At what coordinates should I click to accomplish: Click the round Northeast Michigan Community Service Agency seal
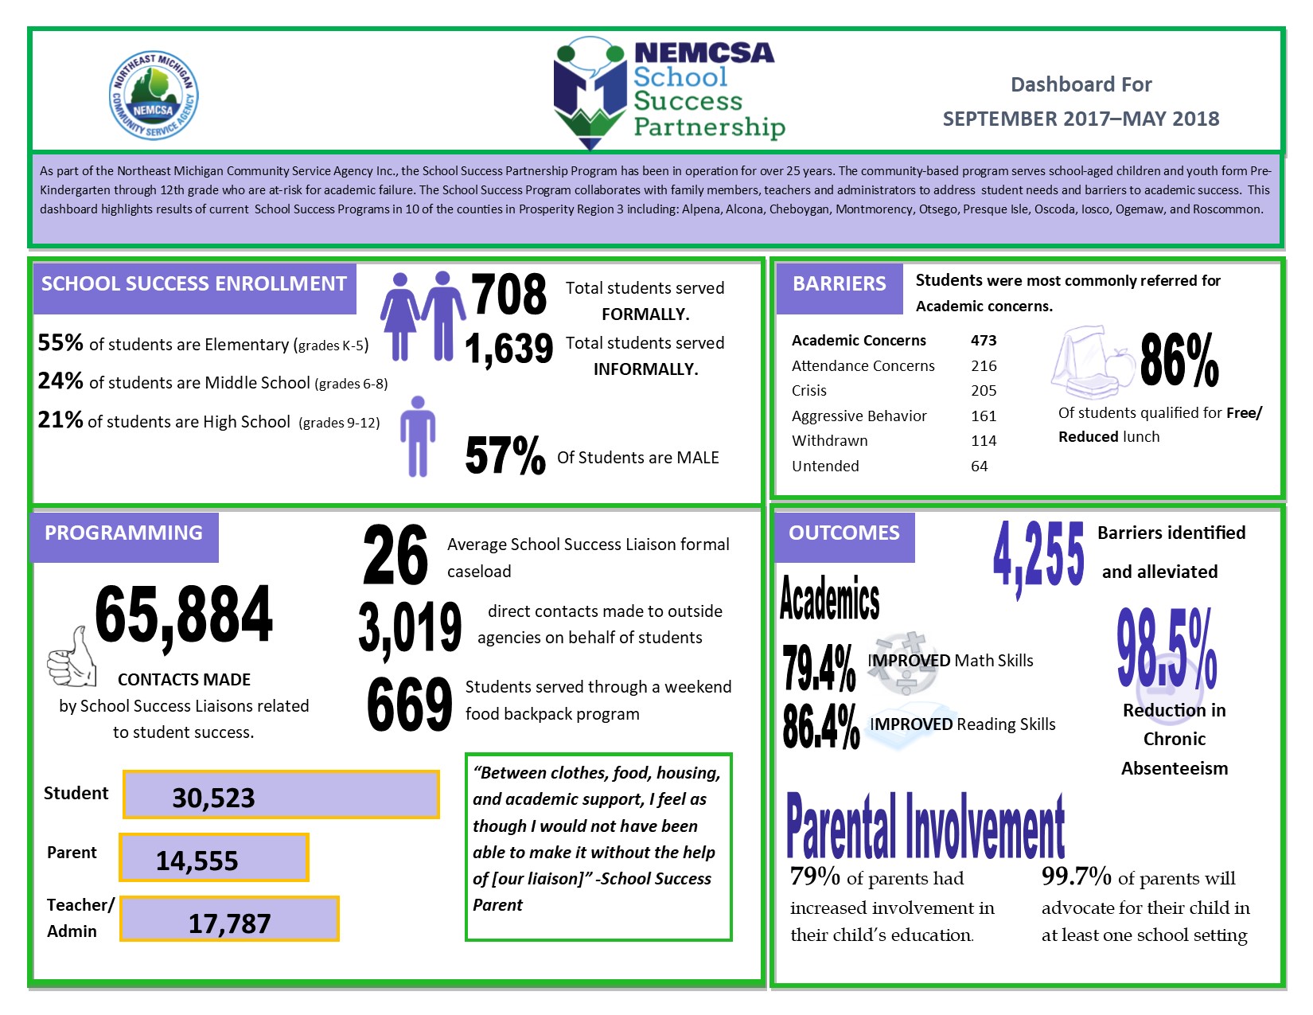tap(154, 96)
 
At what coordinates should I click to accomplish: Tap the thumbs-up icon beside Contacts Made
tap(71, 658)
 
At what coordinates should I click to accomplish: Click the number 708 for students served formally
tap(508, 295)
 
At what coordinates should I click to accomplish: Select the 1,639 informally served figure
tap(508, 349)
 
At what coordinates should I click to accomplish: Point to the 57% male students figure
tap(505, 455)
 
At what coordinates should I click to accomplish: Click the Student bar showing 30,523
tap(281, 794)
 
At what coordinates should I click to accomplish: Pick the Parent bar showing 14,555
tap(214, 857)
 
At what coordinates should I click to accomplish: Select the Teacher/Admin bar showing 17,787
tap(230, 919)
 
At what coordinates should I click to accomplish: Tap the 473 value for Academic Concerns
tap(984, 341)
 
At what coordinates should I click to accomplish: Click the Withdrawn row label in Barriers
tap(829, 441)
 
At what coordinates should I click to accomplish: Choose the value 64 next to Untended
tap(980, 467)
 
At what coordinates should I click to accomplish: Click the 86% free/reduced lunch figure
tap(1179, 361)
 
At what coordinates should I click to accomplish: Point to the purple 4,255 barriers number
tap(1038, 555)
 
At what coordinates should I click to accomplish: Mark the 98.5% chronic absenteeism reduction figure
tap(1167, 650)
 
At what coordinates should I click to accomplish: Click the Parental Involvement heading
tap(925, 826)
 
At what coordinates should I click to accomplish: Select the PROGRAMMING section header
tap(124, 534)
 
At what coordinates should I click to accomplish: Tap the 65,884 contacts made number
tap(184, 615)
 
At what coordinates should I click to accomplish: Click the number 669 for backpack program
tap(409, 704)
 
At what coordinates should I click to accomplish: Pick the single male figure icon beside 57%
tap(418, 436)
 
